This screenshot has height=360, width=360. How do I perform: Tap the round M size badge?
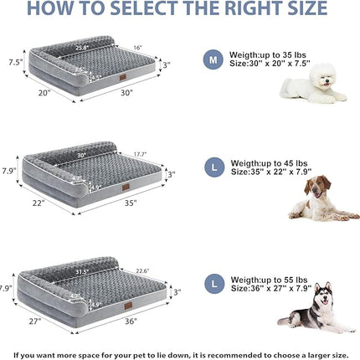[x=213, y=59]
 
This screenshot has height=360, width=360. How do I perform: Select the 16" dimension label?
[x=137, y=48]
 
